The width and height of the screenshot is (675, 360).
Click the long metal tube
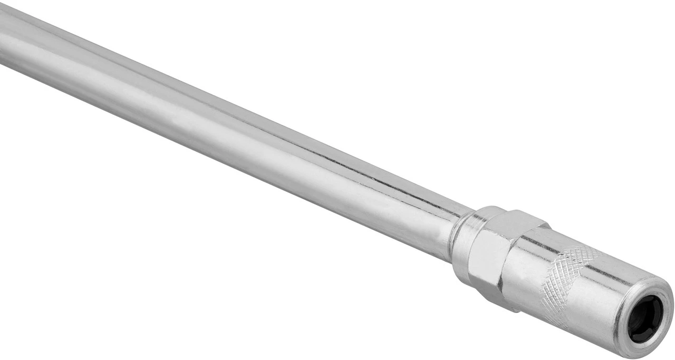pos(237,132)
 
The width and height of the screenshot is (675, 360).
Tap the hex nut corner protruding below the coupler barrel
pos(506,306)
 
